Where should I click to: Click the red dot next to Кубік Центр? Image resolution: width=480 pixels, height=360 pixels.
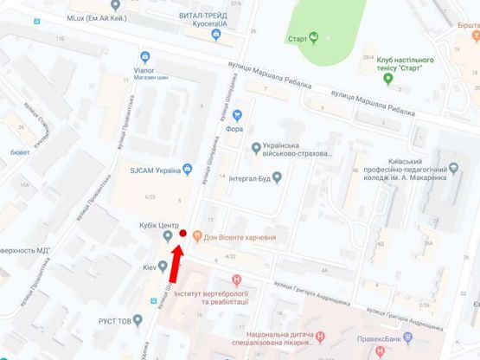click(182, 234)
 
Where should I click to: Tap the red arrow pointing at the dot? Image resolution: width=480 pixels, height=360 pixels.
click(173, 263)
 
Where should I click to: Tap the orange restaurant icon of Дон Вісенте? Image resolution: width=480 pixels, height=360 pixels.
click(197, 235)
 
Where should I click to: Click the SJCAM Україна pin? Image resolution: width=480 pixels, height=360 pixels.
click(124, 170)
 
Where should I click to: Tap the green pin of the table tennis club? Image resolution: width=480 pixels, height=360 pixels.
click(387, 79)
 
